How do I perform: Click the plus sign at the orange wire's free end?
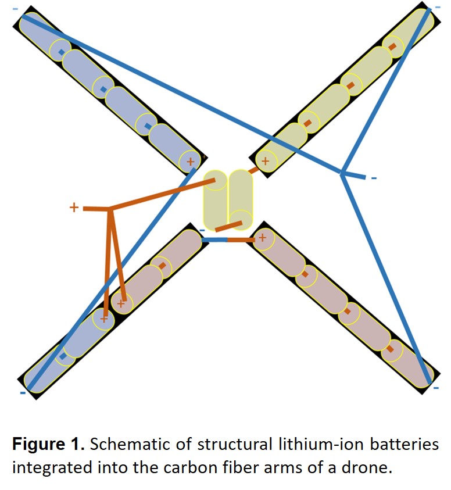(x=74, y=207)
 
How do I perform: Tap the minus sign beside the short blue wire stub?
(x=374, y=177)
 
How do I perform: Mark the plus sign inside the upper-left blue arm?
(x=189, y=161)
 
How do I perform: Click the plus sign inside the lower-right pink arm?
(x=262, y=237)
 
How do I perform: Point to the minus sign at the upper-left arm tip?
(x=15, y=9)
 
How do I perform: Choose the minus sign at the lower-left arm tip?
(x=22, y=393)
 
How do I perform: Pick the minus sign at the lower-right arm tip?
(x=436, y=387)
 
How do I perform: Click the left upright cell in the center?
(x=215, y=201)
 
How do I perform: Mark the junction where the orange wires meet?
(x=109, y=209)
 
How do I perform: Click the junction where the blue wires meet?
(x=342, y=173)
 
